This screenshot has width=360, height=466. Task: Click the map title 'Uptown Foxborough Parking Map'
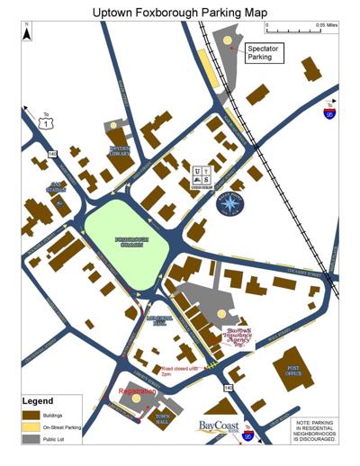point(180,12)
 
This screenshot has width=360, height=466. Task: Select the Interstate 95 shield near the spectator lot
point(328,113)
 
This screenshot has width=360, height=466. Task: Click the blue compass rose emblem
point(230,202)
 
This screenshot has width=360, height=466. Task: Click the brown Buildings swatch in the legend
point(33,416)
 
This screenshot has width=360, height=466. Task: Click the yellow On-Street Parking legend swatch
point(33,426)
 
